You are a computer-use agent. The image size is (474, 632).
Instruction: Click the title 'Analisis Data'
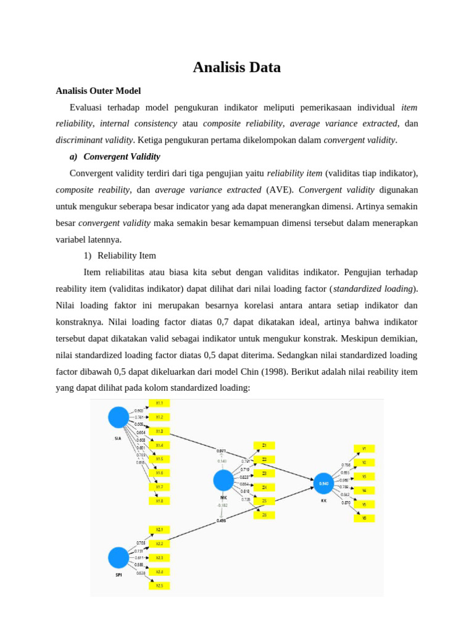(x=236, y=67)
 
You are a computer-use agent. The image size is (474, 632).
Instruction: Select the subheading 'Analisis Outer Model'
(x=98, y=91)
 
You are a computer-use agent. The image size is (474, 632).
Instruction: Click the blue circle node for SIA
(x=119, y=417)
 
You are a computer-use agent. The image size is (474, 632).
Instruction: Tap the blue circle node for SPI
(x=119, y=557)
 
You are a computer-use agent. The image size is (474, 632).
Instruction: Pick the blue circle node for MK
(x=223, y=480)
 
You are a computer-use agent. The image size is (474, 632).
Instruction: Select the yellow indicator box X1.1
(x=159, y=403)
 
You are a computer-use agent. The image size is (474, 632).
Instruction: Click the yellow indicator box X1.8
(x=159, y=501)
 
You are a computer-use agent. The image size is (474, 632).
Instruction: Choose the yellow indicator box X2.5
(x=159, y=585)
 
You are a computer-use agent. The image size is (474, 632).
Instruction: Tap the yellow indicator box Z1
(x=264, y=445)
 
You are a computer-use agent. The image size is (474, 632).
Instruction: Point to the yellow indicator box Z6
(x=264, y=515)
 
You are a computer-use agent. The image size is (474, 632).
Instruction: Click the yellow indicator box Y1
(x=364, y=449)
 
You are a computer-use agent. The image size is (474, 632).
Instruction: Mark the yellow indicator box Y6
(x=364, y=518)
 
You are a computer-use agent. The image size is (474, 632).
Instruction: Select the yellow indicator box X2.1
(x=159, y=530)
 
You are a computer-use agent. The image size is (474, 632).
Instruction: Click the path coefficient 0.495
(x=221, y=520)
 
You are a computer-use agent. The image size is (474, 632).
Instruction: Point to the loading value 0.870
(x=346, y=503)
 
